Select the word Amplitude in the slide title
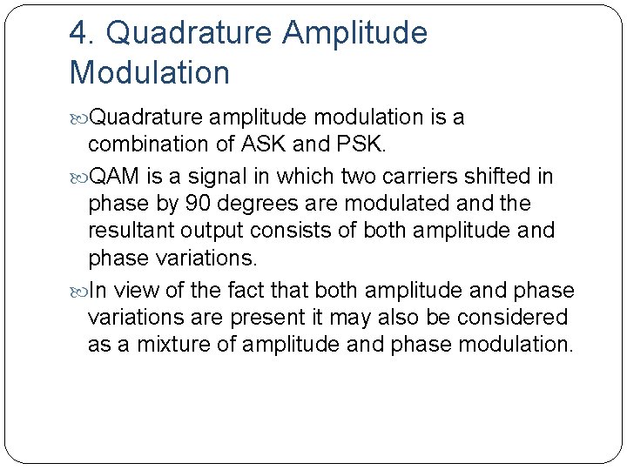point(355,33)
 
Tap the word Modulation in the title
point(150,72)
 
